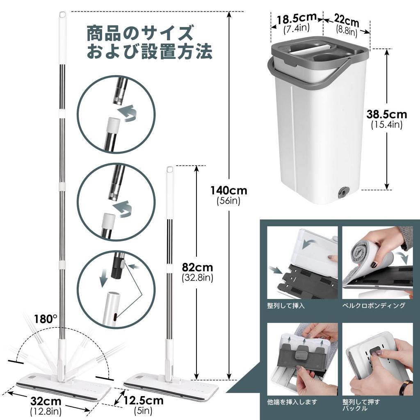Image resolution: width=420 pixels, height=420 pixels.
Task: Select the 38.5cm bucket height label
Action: pos(387,114)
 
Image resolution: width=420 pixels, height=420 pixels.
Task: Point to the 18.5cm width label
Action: pos(297,19)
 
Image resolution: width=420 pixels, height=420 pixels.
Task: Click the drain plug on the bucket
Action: pos(342,192)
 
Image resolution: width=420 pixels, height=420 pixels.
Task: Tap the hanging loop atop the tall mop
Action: pos(62,14)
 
